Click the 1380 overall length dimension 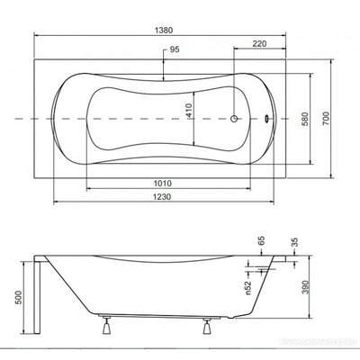(162, 30)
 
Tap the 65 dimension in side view (262, 242)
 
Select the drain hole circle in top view (237, 119)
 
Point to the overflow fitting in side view (267, 267)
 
